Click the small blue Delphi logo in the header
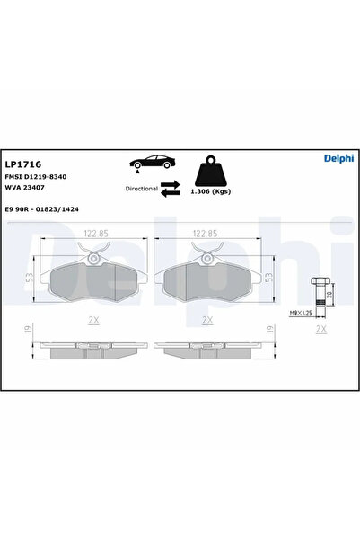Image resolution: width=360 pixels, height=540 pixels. point(338,158)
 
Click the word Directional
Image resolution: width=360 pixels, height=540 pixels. point(141,190)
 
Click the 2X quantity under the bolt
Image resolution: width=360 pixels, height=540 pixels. point(320,330)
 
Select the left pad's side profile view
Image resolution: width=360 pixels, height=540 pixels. point(94,349)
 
